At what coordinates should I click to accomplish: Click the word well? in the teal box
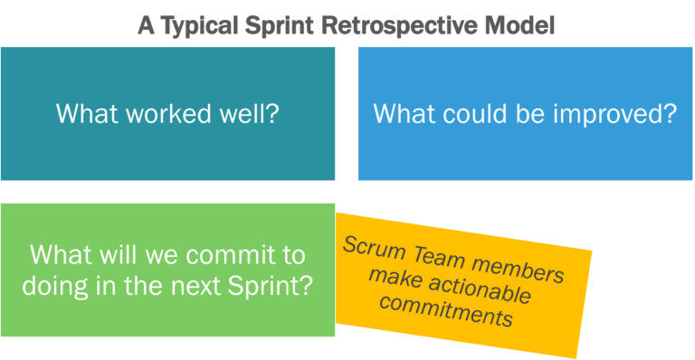pyautogui.click(x=246, y=115)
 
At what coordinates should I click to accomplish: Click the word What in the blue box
pyautogui.click(x=402, y=115)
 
